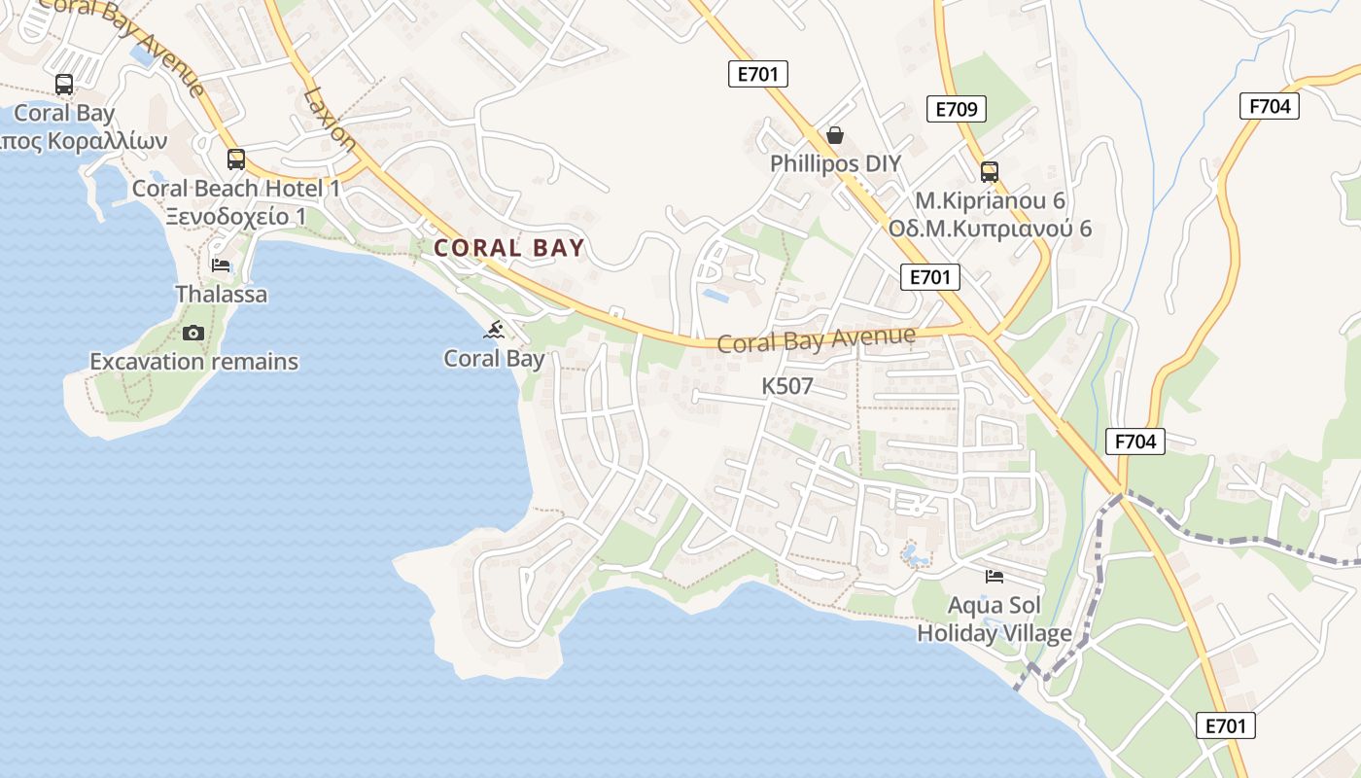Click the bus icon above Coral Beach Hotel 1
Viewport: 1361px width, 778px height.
point(235,159)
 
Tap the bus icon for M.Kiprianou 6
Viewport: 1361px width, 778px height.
point(989,172)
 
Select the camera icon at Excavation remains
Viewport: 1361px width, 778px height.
point(193,333)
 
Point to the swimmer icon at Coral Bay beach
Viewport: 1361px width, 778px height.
point(494,330)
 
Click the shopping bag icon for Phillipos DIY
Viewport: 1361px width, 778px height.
point(834,134)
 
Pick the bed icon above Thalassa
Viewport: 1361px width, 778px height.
point(221,265)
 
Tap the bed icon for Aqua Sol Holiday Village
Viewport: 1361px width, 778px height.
point(994,577)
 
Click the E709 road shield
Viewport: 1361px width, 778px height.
point(956,109)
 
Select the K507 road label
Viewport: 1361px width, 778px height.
point(786,386)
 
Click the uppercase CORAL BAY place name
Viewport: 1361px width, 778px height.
point(509,248)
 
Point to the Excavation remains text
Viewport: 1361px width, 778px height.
point(193,362)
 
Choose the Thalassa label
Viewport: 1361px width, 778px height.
point(221,294)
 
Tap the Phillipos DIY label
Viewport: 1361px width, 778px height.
point(835,163)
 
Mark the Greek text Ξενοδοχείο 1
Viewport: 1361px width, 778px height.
point(235,216)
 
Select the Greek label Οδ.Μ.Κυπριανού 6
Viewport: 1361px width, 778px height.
point(990,230)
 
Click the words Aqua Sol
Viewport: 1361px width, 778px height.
point(994,606)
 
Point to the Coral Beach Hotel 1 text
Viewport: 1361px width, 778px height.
point(236,189)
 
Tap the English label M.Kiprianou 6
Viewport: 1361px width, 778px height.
point(990,200)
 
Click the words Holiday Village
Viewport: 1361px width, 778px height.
point(994,633)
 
